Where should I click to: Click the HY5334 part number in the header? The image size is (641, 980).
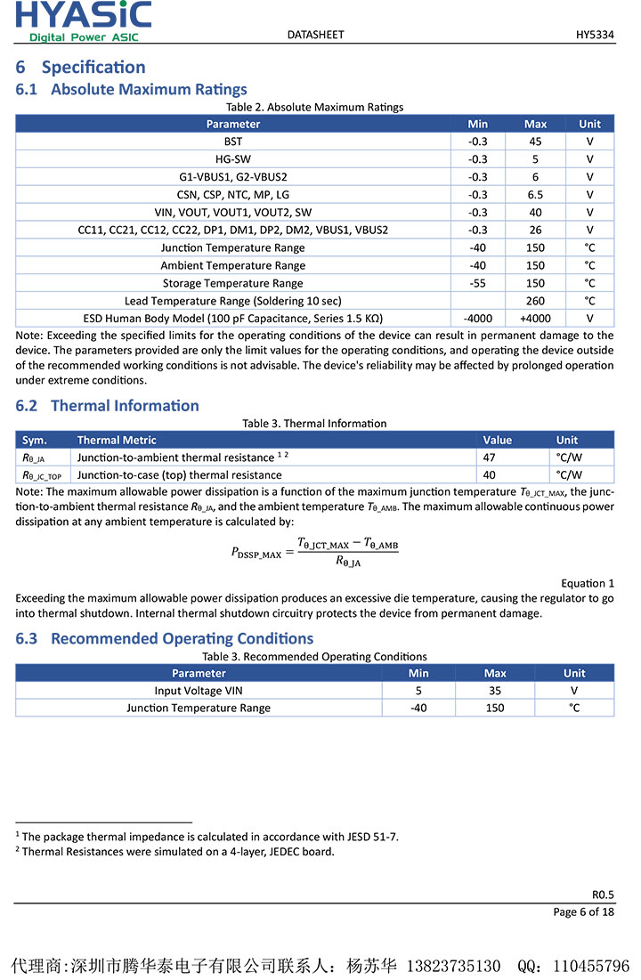click(595, 35)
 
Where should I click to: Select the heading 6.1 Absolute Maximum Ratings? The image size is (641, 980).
click(132, 89)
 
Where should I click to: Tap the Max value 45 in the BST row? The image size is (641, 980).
click(535, 142)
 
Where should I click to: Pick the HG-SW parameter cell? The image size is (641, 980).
click(233, 159)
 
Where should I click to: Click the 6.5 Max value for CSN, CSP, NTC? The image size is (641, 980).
click(535, 195)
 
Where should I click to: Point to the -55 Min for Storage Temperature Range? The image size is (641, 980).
click(478, 283)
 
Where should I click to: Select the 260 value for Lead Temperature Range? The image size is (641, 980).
click(535, 301)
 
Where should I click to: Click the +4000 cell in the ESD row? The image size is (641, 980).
click(535, 319)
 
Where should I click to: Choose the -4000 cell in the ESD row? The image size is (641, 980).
click(478, 319)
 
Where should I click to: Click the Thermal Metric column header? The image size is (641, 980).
click(117, 440)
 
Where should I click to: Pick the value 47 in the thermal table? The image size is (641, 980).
click(490, 458)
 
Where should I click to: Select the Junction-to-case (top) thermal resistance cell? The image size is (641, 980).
click(179, 475)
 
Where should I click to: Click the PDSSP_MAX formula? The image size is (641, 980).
click(314, 552)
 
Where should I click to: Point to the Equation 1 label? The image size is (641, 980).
click(588, 583)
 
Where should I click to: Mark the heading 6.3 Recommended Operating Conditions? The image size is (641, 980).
click(165, 638)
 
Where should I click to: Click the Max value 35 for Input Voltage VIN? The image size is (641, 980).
click(495, 691)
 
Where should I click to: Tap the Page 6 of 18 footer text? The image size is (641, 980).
click(584, 911)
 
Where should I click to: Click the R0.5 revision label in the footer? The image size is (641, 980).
click(603, 895)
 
